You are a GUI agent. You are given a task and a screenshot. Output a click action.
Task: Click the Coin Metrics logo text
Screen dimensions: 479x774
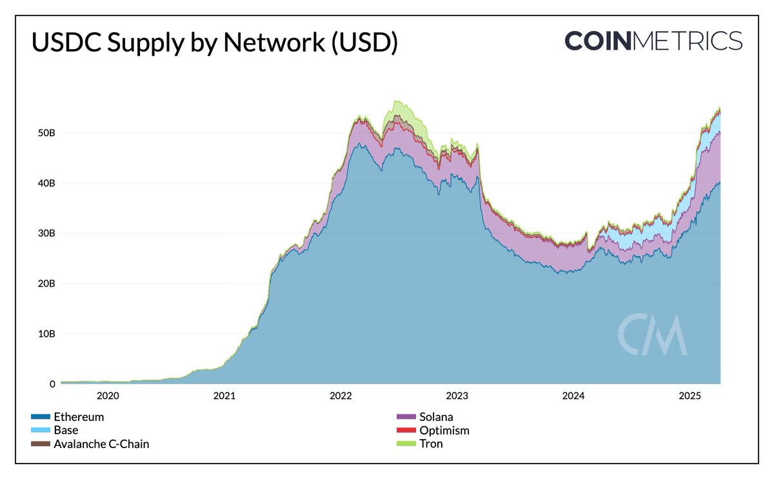click(x=653, y=41)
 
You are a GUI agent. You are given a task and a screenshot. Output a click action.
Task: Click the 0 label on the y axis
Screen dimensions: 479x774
click(x=52, y=384)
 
